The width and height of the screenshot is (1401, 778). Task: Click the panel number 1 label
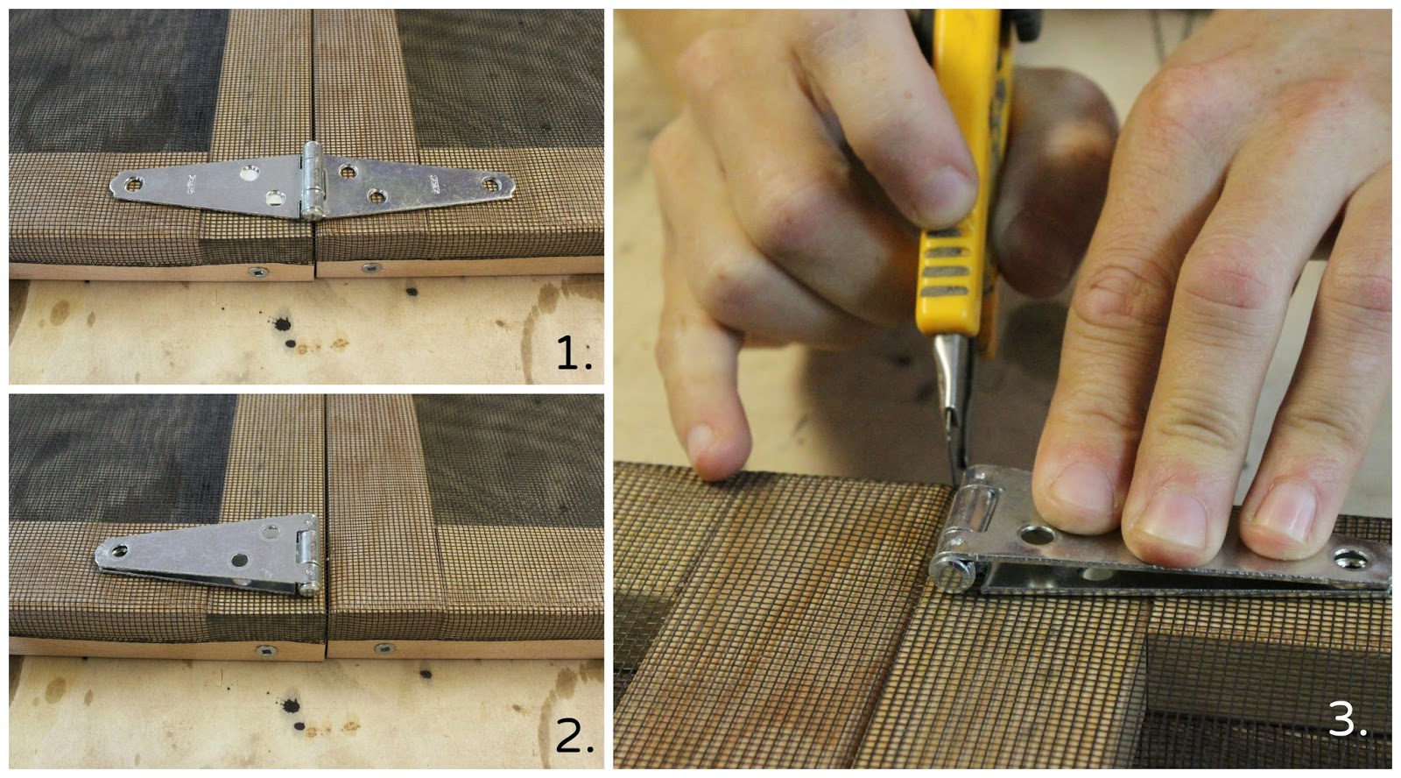click(x=574, y=352)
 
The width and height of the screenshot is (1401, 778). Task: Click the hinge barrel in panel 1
click(x=312, y=180)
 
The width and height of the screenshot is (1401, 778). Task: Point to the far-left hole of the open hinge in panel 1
click(x=133, y=184)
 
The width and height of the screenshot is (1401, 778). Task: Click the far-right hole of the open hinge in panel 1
click(x=491, y=183)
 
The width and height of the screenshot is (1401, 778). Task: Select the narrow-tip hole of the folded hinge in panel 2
click(x=117, y=551)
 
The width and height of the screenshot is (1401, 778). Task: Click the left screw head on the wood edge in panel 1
click(x=257, y=272)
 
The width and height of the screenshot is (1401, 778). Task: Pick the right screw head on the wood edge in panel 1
click(x=371, y=267)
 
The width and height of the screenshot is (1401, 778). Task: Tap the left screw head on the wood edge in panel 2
click(x=266, y=652)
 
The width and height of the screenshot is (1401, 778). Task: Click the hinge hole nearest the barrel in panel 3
click(x=1037, y=535)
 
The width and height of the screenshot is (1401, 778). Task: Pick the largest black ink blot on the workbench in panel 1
click(x=281, y=323)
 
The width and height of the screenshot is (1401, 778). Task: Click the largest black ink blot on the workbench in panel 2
click(x=290, y=706)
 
